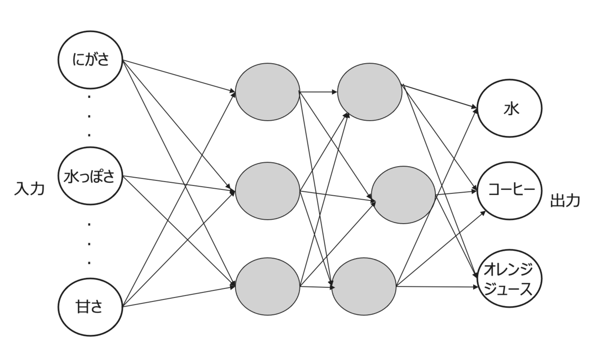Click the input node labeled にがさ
(x=90, y=60)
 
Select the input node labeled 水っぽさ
(x=90, y=176)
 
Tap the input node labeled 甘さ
(x=90, y=307)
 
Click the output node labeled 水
(x=510, y=108)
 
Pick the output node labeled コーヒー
(x=510, y=191)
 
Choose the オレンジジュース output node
(x=510, y=278)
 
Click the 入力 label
(x=29, y=188)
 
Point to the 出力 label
(x=565, y=200)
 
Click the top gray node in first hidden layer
(x=268, y=92)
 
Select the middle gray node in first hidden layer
(x=268, y=191)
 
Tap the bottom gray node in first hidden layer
(x=268, y=286)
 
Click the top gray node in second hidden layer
(x=370, y=92)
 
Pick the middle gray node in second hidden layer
(x=403, y=195)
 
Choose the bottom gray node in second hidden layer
(x=364, y=286)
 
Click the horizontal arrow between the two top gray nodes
(x=318, y=92)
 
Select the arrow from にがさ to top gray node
(x=179, y=76)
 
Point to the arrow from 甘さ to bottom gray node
(x=179, y=296)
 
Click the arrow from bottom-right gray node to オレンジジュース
(x=437, y=286)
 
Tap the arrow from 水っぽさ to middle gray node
(x=179, y=184)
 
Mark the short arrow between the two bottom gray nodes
(x=317, y=287)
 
